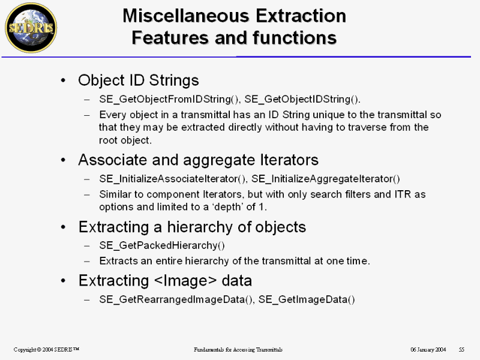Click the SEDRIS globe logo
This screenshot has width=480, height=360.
31,28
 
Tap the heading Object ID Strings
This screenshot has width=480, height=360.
139,80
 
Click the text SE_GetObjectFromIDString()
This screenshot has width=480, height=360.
169,99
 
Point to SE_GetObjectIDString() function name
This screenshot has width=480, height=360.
302,99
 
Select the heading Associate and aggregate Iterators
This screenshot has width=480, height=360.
199,160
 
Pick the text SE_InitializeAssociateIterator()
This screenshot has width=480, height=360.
172,179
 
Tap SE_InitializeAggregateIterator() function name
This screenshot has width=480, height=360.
326,179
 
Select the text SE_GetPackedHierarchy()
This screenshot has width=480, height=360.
162,245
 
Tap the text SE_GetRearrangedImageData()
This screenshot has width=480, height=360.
176,299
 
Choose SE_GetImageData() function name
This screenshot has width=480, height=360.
307,299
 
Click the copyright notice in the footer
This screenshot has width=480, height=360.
46,349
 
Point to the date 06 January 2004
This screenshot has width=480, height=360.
428,349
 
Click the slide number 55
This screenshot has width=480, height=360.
461,349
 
